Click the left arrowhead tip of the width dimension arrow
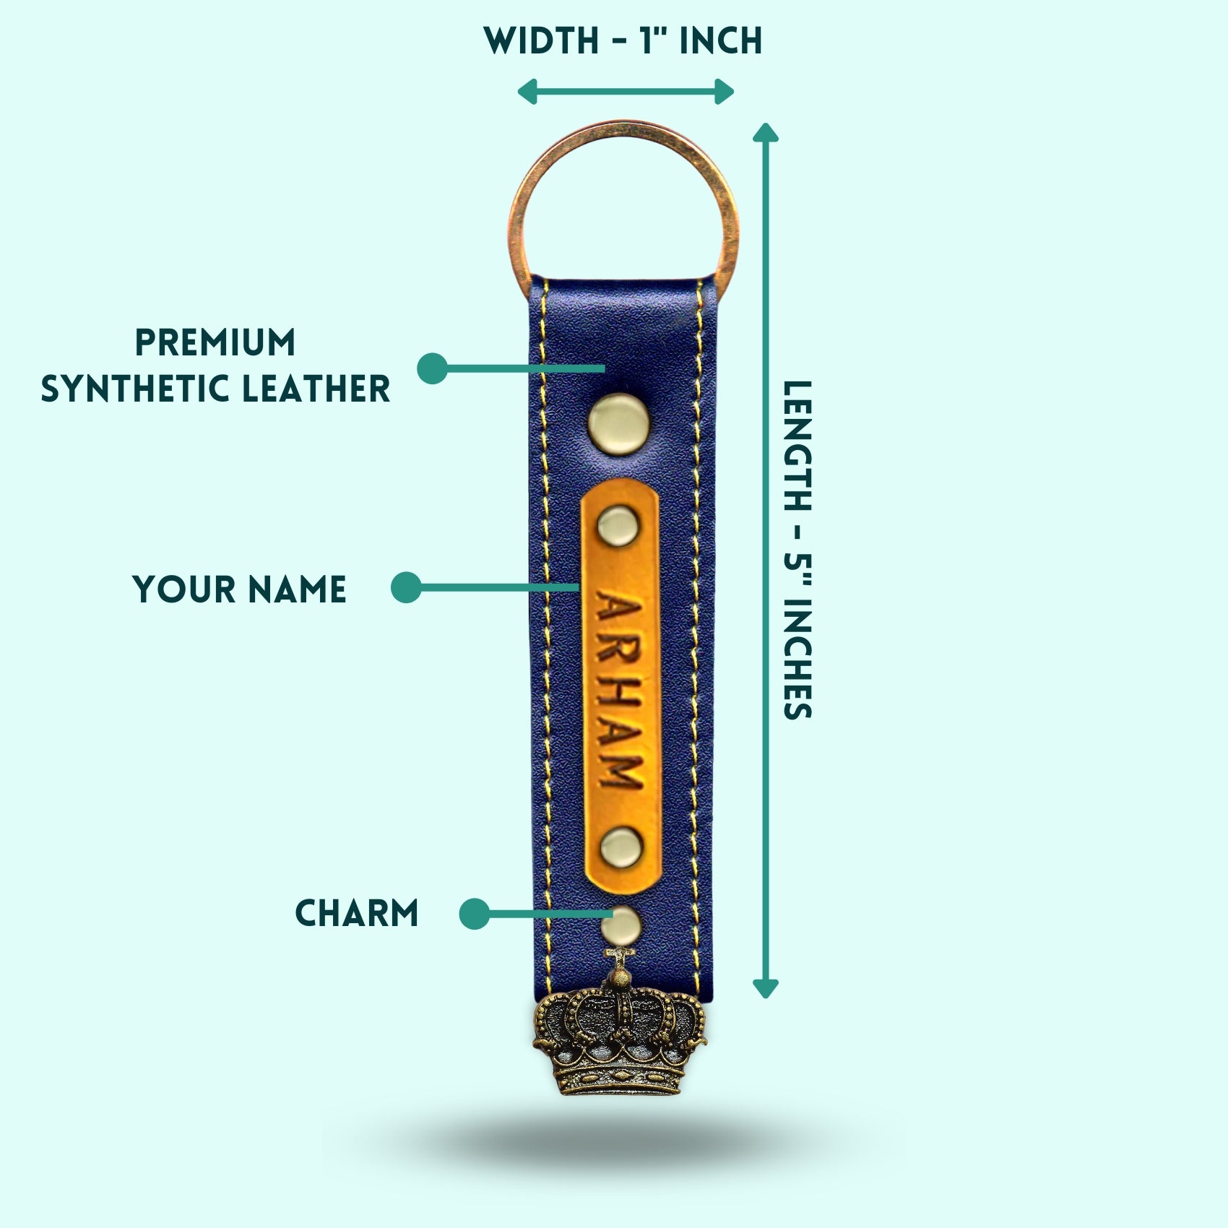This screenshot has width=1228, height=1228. [x=518, y=92]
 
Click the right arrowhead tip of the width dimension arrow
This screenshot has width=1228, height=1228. [x=735, y=92]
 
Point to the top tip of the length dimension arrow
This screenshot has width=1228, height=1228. [x=766, y=123]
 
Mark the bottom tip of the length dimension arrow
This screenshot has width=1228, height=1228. [x=766, y=998]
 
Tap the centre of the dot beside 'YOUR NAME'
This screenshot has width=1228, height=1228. [x=406, y=587]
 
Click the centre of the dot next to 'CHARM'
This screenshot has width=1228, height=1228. [x=475, y=914]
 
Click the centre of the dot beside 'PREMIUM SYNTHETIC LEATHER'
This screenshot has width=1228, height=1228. [x=433, y=368]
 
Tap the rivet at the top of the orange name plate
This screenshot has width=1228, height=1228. [x=618, y=523]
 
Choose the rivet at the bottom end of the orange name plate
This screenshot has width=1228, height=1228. [x=621, y=847]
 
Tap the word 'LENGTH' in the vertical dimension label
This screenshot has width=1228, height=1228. [x=798, y=446]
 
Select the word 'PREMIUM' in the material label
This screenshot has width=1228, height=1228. [x=216, y=342]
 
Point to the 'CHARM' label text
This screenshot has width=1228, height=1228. [x=357, y=913]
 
